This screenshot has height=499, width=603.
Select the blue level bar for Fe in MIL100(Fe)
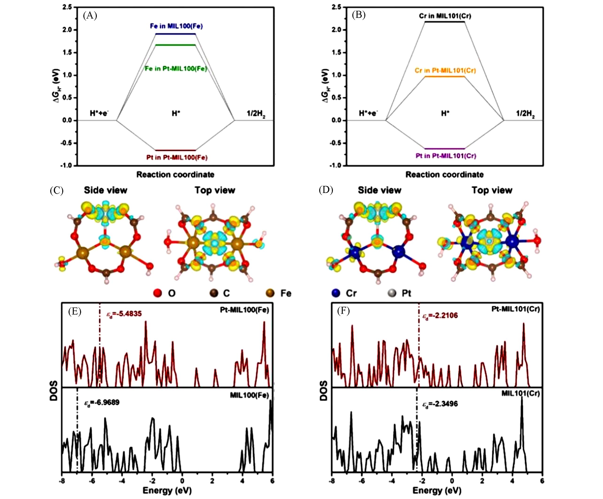pyautogui.click(x=175, y=34)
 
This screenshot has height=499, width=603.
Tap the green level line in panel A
pyautogui.click(x=175, y=45)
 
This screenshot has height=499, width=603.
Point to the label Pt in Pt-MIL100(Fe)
pyautogui.click(x=177, y=157)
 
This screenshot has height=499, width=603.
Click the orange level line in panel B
pyautogui.click(x=444, y=77)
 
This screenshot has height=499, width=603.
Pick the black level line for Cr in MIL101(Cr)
pyautogui.click(x=444, y=22)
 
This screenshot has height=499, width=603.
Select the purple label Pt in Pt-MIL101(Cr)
pyautogui.click(x=446, y=156)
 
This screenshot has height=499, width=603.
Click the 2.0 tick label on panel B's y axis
pyautogui.click(x=336, y=30)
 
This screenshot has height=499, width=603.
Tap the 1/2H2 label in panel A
pyautogui.click(x=256, y=114)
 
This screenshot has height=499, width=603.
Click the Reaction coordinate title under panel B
pyautogui.click(x=444, y=174)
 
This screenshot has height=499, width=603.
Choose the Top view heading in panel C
pyautogui.click(x=215, y=190)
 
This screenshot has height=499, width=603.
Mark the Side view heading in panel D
pyautogui.click(x=379, y=190)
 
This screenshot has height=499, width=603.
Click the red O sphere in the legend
pyautogui.click(x=158, y=293)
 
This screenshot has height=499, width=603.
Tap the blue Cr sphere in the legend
pyautogui.click(x=336, y=293)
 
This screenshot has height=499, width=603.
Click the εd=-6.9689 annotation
pyautogui.click(x=102, y=403)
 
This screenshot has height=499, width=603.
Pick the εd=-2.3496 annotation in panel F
pyautogui.click(x=440, y=404)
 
